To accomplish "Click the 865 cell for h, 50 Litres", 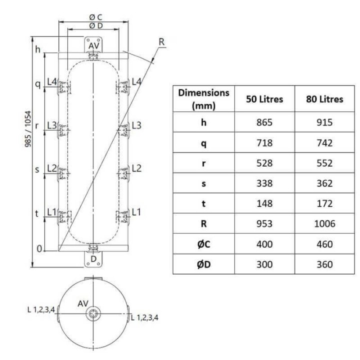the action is [x=264, y=122].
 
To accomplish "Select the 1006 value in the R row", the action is [x=324, y=223].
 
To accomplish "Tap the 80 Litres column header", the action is [x=324, y=99].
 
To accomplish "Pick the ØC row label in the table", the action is [x=203, y=244].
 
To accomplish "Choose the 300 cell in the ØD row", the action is [x=264, y=264].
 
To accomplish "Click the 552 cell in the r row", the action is [x=324, y=163].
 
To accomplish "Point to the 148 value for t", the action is [x=264, y=203].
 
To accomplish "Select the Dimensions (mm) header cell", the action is [x=203, y=99].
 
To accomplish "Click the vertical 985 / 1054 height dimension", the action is [x=28, y=129].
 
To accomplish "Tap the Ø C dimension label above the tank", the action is [x=95, y=17].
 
